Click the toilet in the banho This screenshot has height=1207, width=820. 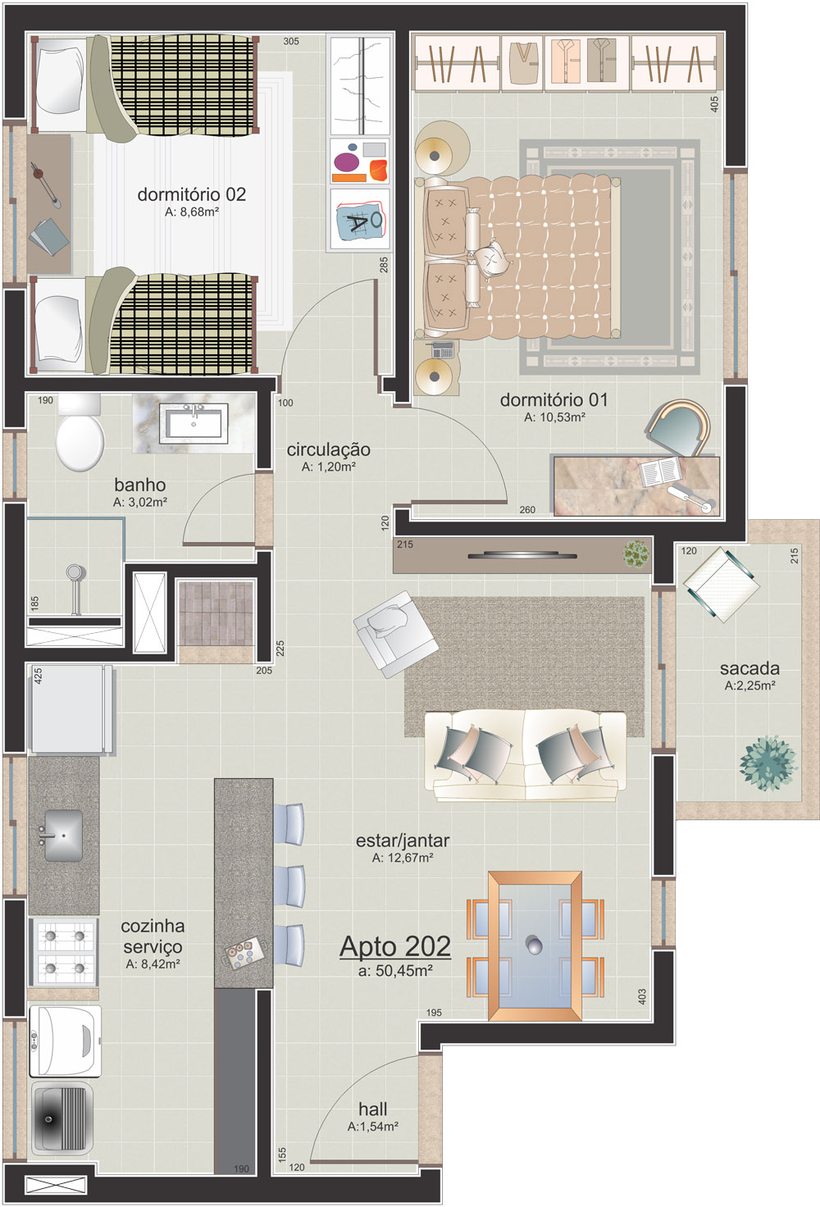pyautogui.click(x=80, y=434)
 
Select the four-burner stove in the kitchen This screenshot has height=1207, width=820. pyautogui.click(x=64, y=952)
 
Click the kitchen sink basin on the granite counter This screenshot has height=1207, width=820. pyautogui.click(x=62, y=836)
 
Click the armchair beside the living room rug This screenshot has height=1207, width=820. pyautogui.click(x=395, y=633)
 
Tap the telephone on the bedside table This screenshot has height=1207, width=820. pyautogui.click(x=440, y=349)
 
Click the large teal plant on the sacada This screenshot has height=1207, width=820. pyautogui.click(x=768, y=763)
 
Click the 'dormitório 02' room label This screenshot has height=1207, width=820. pyautogui.click(x=192, y=194)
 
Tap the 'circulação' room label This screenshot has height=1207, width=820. pyautogui.click(x=328, y=449)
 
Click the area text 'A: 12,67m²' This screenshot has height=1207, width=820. pyautogui.click(x=403, y=858)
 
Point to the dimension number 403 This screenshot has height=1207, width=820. pyautogui.click(x=642, y=996)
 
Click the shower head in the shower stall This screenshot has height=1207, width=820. pyautogui.click(x=74, y=572)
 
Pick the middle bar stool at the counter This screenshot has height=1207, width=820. pyautogui.click(x=289, y=886)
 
